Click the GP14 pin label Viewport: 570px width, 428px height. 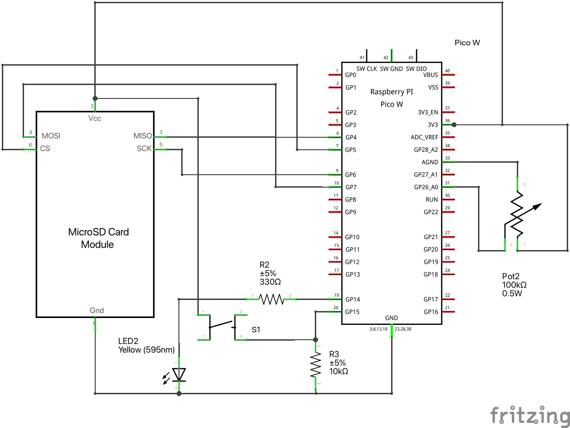(x=353, y=300)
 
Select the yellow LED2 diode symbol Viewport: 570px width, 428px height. (x=179, y=374)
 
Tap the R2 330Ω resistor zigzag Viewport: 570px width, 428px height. (x=271, y=300)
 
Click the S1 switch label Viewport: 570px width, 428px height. (x=256, y=330)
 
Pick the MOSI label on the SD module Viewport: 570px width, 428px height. (x=51, y=136)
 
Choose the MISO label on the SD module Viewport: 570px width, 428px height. (x=142, y=136)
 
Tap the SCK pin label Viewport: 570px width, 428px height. (x=144, y=148)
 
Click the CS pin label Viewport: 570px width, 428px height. (x=45, y=149)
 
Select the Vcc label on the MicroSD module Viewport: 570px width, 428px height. (x=95, y=118)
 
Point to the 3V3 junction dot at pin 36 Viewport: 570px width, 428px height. (x=454, y=125)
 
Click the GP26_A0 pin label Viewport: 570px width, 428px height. (x=426, y=187)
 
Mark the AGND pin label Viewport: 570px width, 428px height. (x=429, y=162)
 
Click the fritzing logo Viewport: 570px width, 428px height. (x=530, y=416)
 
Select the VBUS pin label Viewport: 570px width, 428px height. (x=430, y=75)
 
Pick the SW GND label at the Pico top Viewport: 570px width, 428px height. (x=391, y=69)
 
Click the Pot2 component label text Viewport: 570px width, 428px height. (x=511, y=276)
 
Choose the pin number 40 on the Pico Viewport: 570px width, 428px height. (x=447, y=71)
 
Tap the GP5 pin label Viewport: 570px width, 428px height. (x=351, y=150)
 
